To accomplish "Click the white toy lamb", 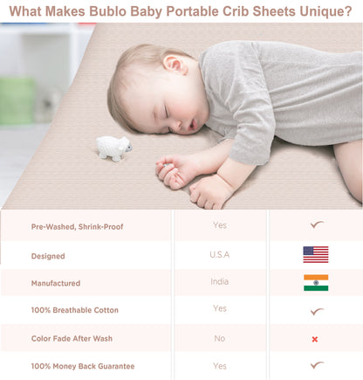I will point(113,149).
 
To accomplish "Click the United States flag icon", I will point(315,254).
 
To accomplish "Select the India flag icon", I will point(315,282).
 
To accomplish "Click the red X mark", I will point(315,339).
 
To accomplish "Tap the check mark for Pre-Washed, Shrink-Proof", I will point(316,225).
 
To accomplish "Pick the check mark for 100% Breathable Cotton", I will point(316,311).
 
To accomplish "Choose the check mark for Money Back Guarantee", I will point(316,366).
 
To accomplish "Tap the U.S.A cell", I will point(220,254).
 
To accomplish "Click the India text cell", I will point(219,282).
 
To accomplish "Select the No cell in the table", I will point(219,338).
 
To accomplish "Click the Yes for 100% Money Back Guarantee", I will point(220,366).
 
